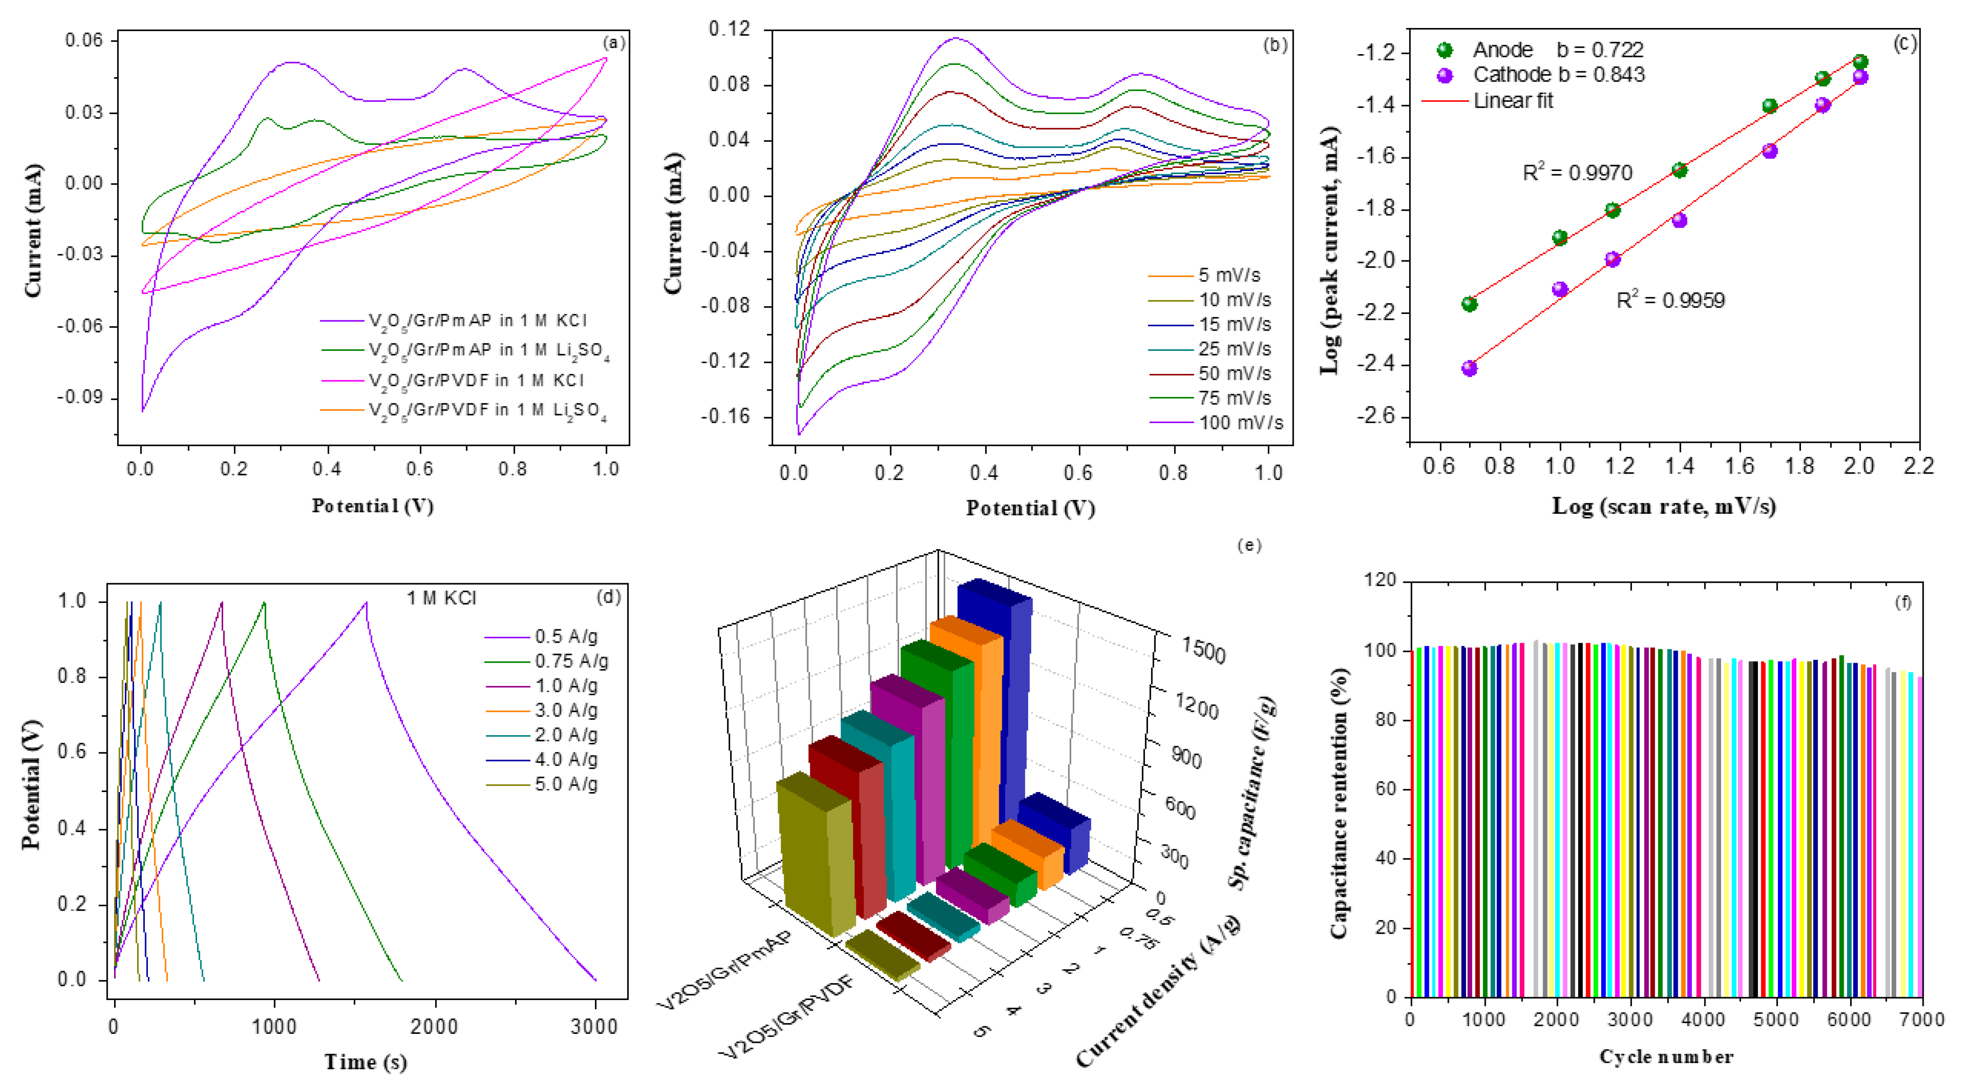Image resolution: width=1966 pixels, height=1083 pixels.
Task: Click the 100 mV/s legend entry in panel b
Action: click(x=1240, y=423)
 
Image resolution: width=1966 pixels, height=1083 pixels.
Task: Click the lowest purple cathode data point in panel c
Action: click(x=1469, y=369)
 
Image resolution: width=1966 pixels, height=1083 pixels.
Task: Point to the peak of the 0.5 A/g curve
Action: click(x=366, y=603)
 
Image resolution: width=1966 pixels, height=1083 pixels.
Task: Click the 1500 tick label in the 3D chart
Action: click(x=1203, y=651)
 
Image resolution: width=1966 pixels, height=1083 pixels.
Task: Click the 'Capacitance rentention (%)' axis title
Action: click(x=1339, y=803)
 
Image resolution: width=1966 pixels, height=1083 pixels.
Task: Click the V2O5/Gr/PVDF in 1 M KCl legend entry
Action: click(x=476, y=380)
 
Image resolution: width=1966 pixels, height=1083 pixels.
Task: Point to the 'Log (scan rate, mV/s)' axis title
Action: click(x=1664, y=506)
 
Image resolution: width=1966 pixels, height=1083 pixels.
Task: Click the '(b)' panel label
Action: click(x=1275, y=45)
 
